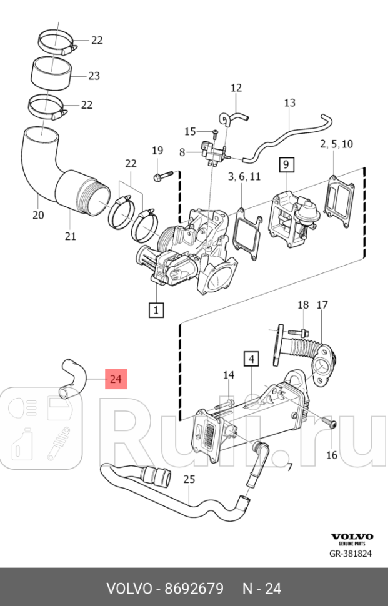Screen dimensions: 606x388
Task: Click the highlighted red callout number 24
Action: [116, 379]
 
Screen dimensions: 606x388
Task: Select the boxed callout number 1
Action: [155, 309]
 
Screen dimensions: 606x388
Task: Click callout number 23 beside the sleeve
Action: [94, 76]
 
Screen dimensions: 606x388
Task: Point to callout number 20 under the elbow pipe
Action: [38, 216]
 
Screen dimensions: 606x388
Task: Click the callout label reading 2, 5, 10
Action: [336, 144]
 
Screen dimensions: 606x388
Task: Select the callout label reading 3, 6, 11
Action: [244, 177]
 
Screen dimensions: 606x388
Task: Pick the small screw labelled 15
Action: [214, 132]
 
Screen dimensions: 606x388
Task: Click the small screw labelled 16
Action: [331, 424]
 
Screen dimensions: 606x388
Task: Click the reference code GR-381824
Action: [351, 554]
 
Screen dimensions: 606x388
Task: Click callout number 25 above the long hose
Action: [189, 480]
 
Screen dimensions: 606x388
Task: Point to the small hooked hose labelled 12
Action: [232, 116]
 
